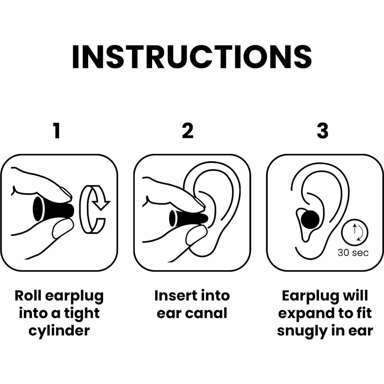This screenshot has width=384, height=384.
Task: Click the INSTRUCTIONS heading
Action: [192, 57]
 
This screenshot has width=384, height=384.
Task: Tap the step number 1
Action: [57, 131]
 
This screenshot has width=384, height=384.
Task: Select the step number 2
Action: [188, 131]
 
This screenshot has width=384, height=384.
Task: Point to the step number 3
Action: [323, 131]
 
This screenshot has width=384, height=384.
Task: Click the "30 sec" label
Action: [353, 253]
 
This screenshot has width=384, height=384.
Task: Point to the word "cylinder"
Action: [59, 331]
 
